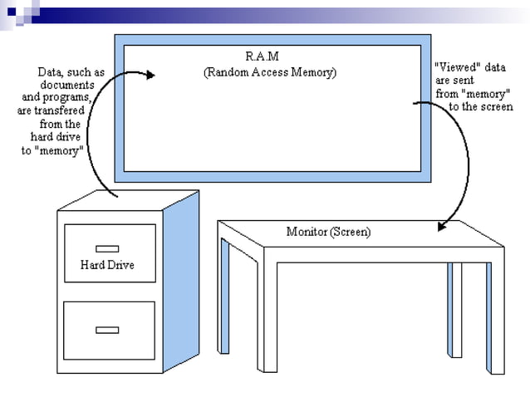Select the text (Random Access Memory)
270,72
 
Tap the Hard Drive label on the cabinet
106,265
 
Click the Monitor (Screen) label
328,231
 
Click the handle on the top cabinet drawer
106,248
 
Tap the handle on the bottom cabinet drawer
106,330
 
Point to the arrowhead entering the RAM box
150,75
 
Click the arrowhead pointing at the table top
444,224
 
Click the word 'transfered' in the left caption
69,110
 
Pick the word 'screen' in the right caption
496,106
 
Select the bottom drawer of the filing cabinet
110,331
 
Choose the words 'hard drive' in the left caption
55,136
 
